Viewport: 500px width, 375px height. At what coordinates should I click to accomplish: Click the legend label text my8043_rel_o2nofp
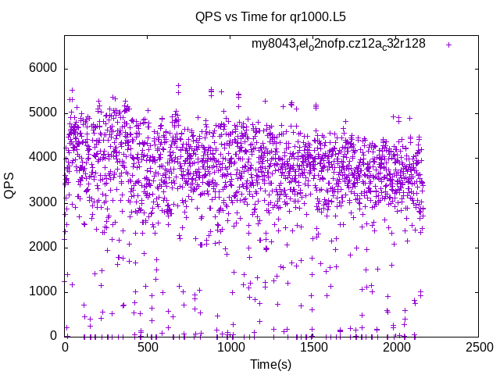337,45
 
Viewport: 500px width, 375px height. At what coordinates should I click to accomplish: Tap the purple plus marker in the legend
448,45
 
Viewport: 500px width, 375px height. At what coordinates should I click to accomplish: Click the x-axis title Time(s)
270,364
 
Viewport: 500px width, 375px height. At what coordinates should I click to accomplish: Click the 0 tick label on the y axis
53,336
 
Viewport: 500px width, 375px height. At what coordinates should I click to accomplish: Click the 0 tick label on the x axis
65,346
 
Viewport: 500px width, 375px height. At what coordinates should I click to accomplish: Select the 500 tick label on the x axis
148,346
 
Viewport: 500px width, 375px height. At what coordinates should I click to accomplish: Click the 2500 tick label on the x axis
478,346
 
